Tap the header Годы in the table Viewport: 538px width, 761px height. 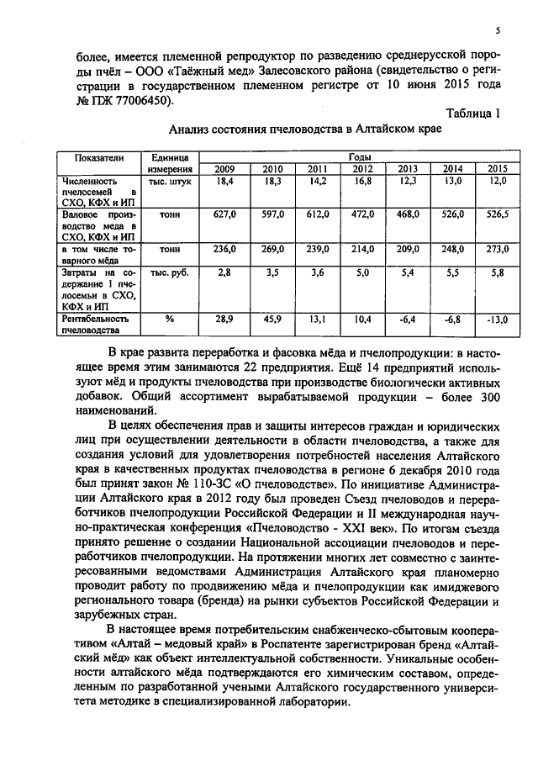coord(357,157)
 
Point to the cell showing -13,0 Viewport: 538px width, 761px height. coord(498,320)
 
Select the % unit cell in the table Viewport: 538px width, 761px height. coord(168,320)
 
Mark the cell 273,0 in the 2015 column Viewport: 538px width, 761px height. coord(498,250)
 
